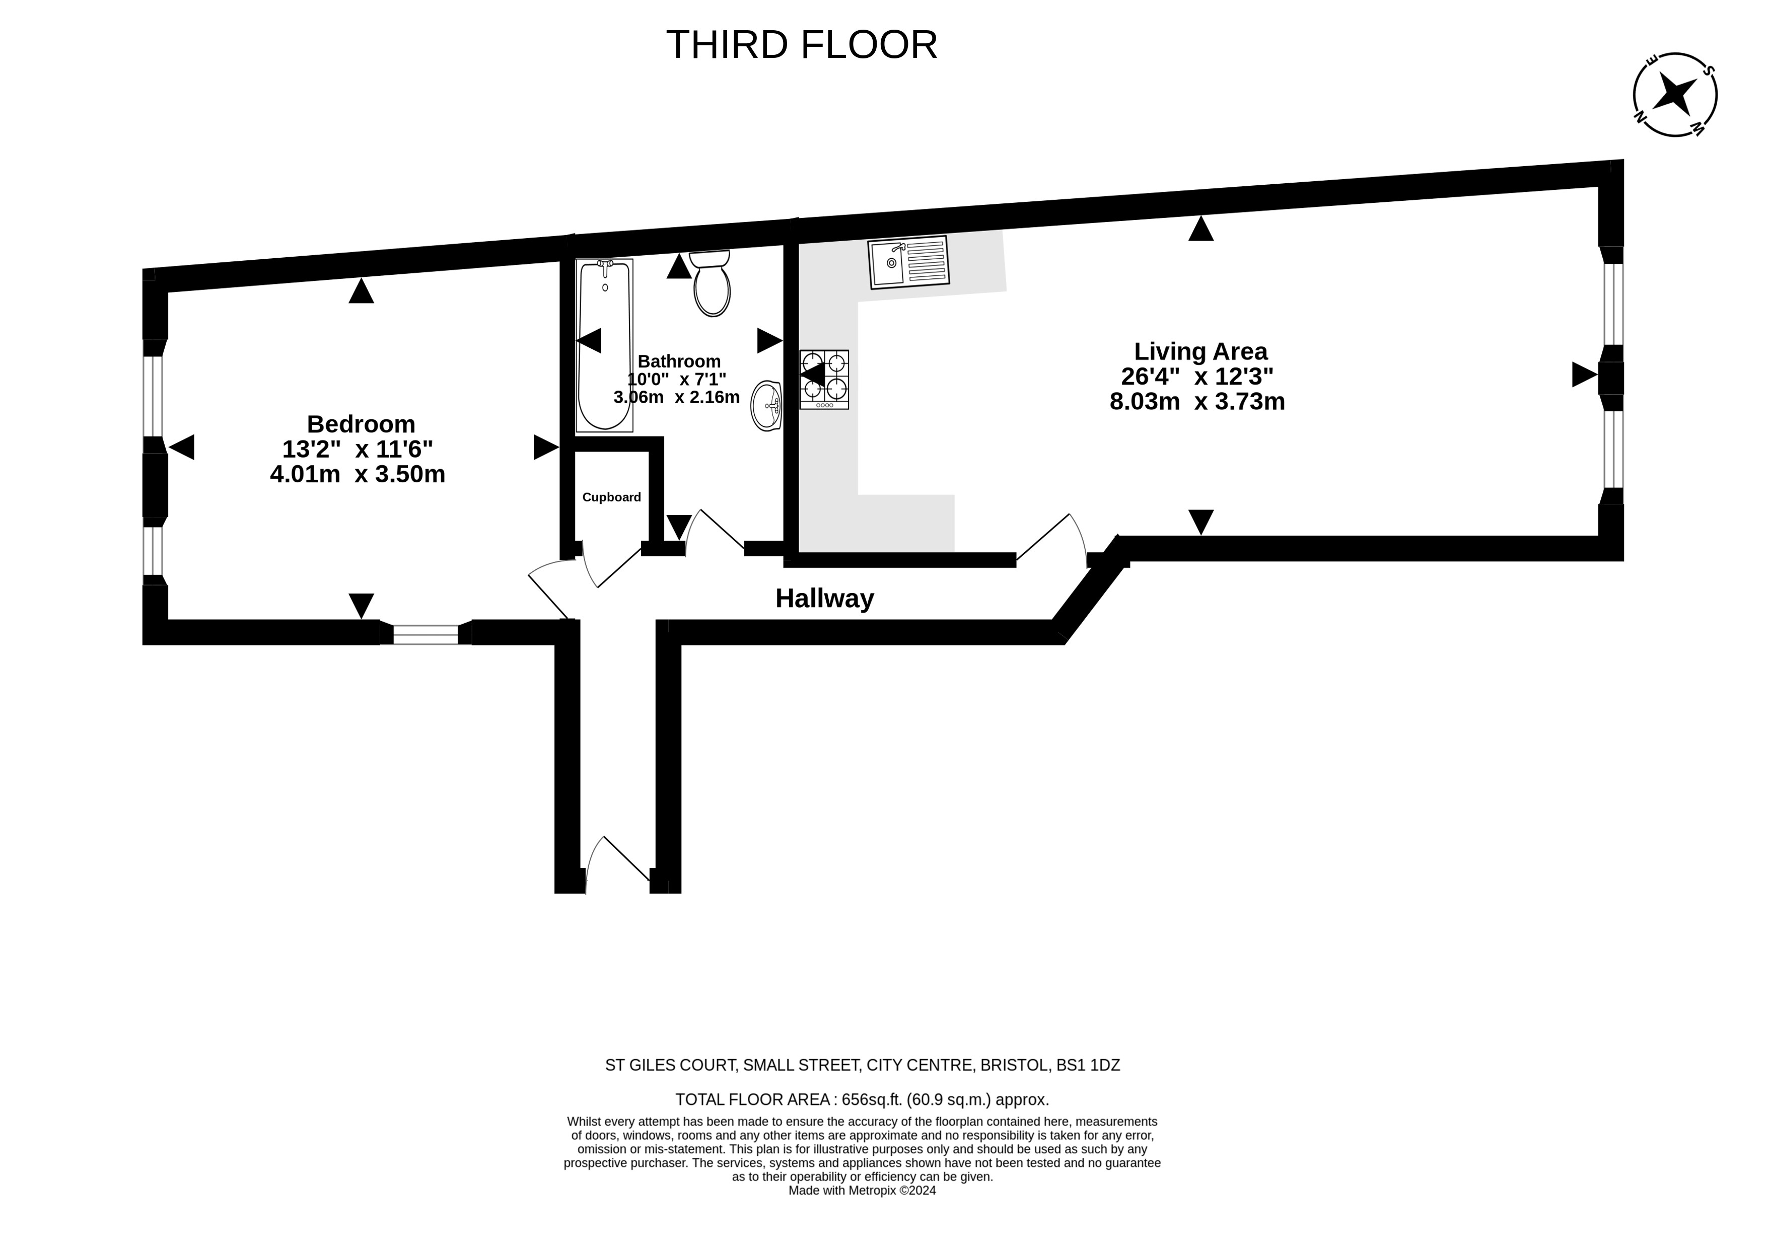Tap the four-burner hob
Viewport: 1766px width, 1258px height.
click(824, 380)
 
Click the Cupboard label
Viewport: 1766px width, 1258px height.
click(611, 497)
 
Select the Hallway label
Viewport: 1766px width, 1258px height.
click(824, 599)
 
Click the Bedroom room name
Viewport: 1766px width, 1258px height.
click(361, 424)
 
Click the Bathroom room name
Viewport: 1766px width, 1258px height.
click(679, 361)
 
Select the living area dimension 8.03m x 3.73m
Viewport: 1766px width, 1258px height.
click(1197, 401)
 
